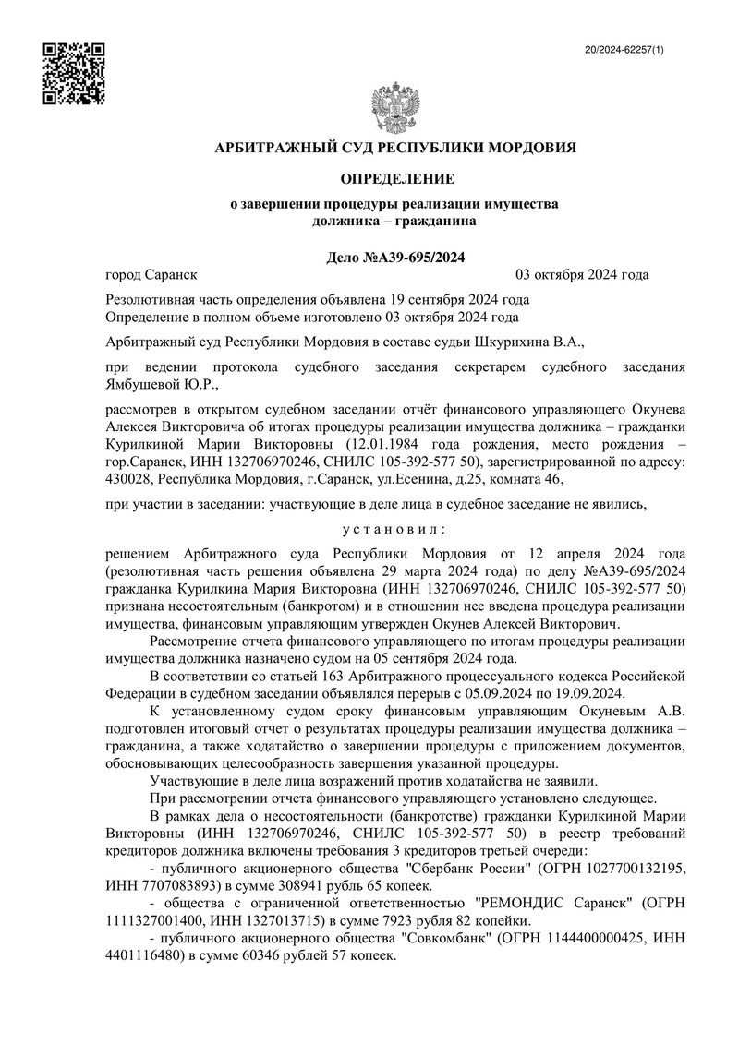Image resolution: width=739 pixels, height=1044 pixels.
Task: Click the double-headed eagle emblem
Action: pos(395,109)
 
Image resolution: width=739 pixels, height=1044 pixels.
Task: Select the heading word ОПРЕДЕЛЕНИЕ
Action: pos(395,177)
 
